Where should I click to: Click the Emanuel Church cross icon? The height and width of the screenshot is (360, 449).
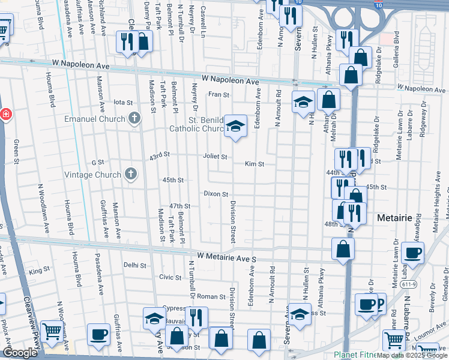coord(134,118)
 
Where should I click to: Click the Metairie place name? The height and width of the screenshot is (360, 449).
coord(394,218)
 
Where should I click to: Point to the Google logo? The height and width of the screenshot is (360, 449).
coord(20,353)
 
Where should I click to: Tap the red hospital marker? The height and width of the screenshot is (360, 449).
coord(5,114)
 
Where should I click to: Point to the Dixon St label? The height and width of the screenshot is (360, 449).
coord(215,194)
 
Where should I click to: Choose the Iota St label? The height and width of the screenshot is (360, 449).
coord(122,103)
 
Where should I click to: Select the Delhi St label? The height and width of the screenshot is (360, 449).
coord(134,265)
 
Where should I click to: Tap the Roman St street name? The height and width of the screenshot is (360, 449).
coord(211,296)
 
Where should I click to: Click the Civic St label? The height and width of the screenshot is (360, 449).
coord(170,277)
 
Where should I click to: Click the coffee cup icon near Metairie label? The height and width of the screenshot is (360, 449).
coord(412,252)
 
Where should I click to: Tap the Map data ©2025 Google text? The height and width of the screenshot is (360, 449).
coord(412,355)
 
